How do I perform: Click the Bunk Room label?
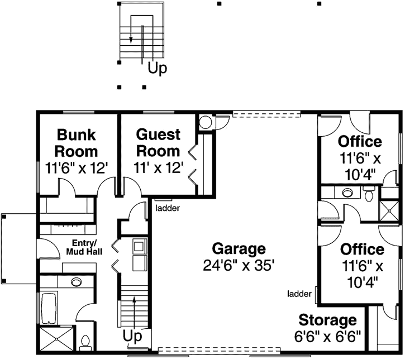coord(77,143)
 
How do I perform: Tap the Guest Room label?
coord(159,143)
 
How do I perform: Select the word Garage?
coord(239,248)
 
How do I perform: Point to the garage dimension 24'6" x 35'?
coord(239,265)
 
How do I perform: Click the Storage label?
coord(327,320)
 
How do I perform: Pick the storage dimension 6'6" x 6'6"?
coord(327,336)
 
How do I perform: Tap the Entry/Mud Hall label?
coord(84,248)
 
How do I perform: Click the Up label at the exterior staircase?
coord(157,69)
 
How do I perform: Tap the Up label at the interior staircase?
coord(132,337)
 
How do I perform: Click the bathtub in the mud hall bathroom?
coord(47,307)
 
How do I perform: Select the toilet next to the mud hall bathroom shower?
coord(85,341)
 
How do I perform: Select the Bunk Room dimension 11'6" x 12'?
coord(77,167)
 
